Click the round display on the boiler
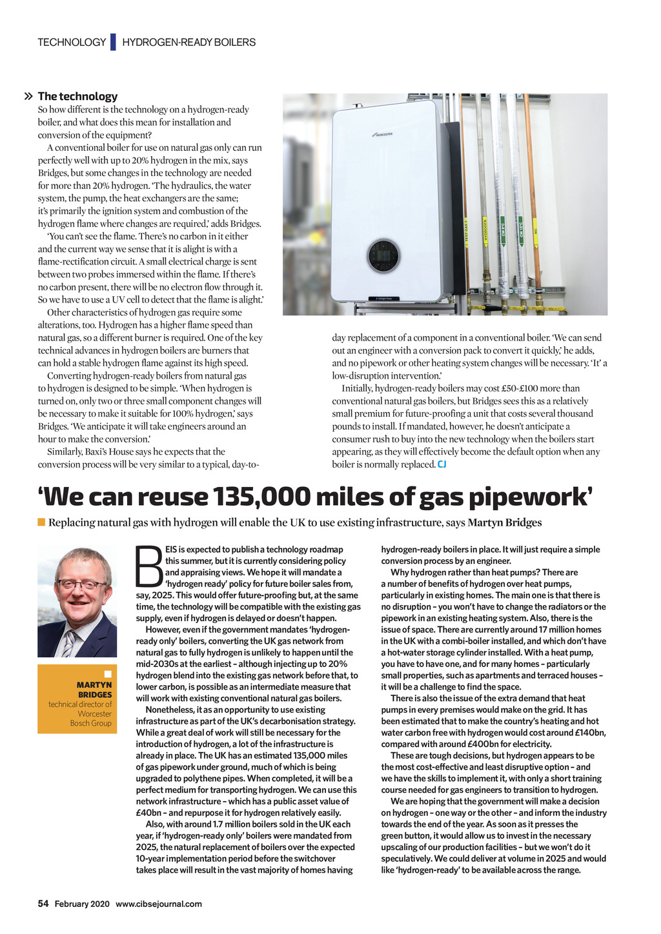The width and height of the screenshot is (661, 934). (383, 255)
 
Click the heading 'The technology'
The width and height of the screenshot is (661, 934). (77, 96)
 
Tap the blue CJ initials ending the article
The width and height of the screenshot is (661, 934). (442, 464)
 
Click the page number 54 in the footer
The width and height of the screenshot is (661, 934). (43, 904)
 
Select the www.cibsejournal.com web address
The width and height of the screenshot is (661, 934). (159, 904)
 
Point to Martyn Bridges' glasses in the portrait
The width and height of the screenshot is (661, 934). (81, 584)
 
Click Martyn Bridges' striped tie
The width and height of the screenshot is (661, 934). (69, 642)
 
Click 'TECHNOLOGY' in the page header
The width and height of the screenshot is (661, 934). (72, 42)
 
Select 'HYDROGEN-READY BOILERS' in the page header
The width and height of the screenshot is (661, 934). (188, 42)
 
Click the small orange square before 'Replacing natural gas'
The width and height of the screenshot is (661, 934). (41, 522)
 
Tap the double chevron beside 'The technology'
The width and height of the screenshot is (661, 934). (28, 97)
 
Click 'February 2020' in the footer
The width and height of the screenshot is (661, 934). (82, 904)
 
